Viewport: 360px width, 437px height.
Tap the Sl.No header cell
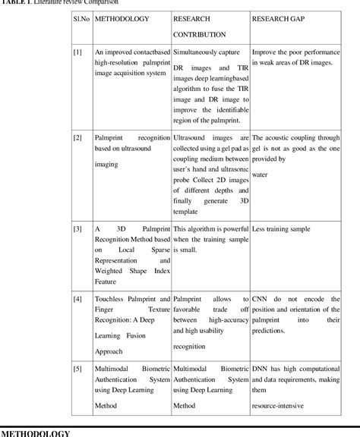point(82,17)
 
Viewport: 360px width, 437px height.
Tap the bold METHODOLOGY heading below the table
point(36,432)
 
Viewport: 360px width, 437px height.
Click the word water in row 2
point(261,174)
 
